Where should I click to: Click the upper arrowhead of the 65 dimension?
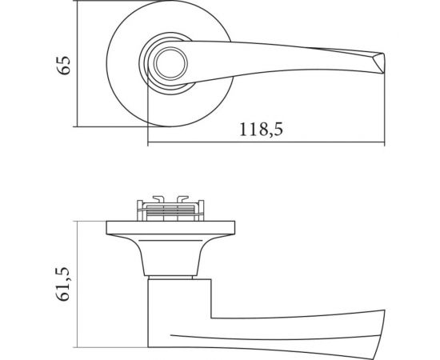(76, 6)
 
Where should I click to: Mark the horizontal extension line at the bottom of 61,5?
(112, 349)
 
